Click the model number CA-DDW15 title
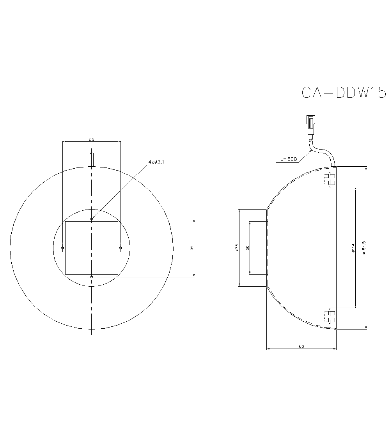344,93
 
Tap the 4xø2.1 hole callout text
157,161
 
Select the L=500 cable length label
289,159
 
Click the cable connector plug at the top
311,124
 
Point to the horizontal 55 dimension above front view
92,139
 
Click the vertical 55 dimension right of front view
191,248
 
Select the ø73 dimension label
237,248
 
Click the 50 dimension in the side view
248,248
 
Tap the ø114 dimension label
353,248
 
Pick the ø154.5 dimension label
363,248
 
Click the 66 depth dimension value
301,345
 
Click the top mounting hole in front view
92,219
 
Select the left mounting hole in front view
63,248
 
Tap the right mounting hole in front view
121,248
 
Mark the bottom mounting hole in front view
92,277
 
